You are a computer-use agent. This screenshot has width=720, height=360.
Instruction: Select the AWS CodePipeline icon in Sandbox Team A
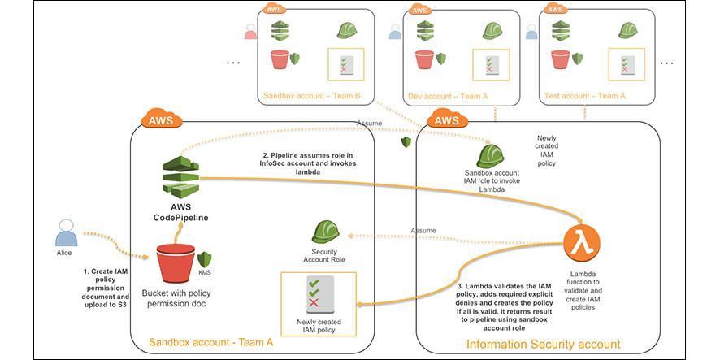[x=180, y=177]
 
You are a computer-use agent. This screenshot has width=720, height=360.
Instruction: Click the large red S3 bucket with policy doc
[x=176, y=263]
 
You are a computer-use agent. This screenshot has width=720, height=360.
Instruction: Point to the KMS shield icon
[x=204, y=260]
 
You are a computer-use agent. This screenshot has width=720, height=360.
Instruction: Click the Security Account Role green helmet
[x=325, y=232]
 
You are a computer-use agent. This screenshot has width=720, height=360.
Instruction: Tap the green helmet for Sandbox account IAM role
[x=490, y=156]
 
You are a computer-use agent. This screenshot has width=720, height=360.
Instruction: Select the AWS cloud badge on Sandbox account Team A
[x=162, y=119]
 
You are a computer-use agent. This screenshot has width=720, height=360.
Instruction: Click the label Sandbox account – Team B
[x=312, y=97]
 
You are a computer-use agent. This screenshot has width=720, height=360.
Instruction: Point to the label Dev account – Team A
[x=448, y=97]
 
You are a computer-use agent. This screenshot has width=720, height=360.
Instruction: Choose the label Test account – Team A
[x=584, y=96]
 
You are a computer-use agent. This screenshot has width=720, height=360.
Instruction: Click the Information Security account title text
[x=543, y=345]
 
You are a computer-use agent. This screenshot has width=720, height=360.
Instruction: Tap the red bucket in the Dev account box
[x=424, y=59]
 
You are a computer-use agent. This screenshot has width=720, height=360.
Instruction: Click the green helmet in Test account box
[x=627, y=30]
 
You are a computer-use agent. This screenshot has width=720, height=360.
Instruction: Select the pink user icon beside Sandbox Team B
[x=251, y=33]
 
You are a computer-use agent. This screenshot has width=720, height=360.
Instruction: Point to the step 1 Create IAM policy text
[x=106, y=288]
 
